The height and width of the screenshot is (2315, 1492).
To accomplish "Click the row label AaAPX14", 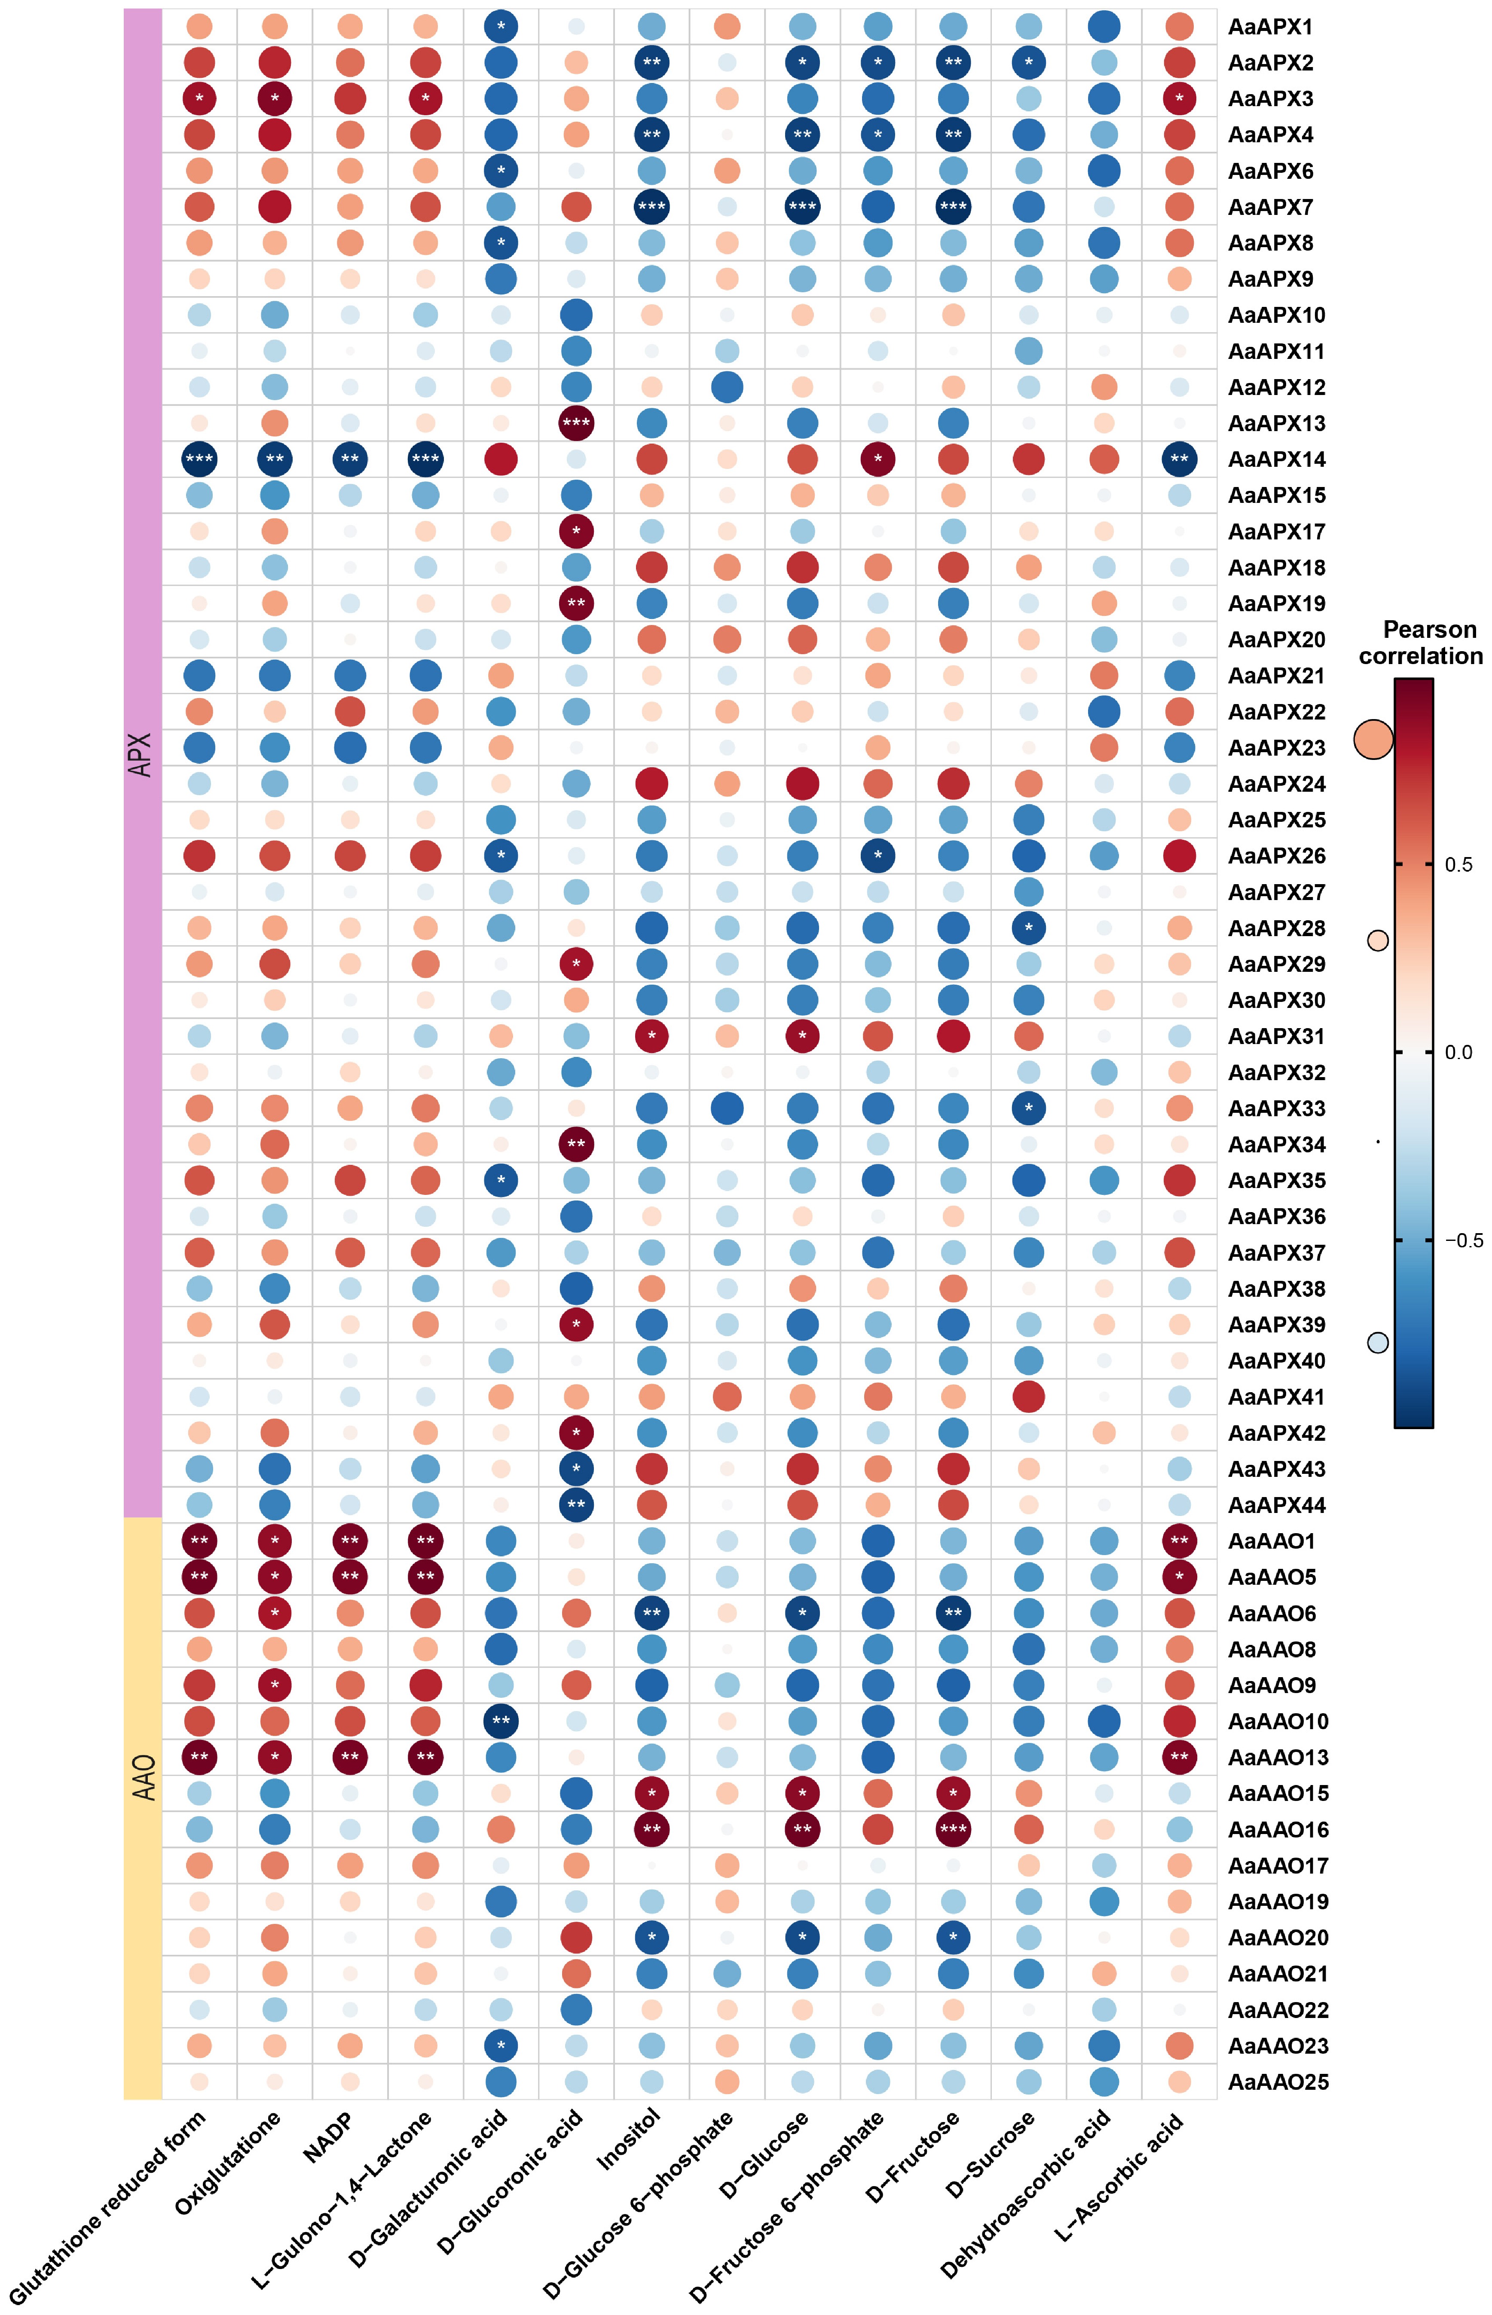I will click(x=1276, y=459).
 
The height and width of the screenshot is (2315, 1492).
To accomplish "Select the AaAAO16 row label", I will click(x=1278, y=1829).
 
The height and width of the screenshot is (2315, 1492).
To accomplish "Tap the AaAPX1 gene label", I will click(x=1270, y=27).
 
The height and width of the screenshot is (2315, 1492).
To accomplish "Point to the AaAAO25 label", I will click(x=1278, y=2082).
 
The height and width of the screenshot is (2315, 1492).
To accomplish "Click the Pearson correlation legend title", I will click(x=1420, y=643).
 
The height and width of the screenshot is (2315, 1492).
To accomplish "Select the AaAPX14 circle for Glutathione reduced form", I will click(x=199, y=459).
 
